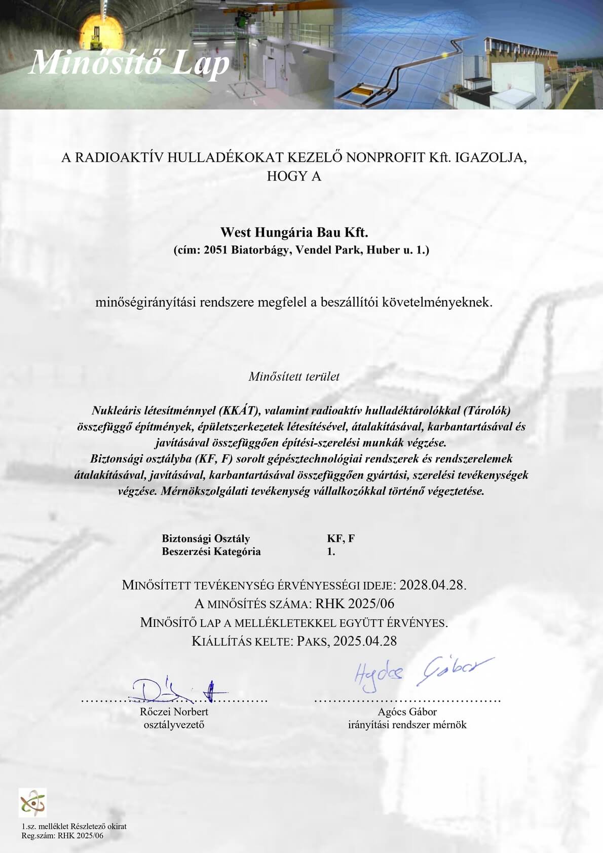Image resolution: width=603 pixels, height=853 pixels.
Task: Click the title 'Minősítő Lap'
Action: [130, 63]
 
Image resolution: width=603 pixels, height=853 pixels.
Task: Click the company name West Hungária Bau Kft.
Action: [294, 233]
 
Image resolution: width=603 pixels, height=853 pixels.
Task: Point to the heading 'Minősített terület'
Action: [294, 377]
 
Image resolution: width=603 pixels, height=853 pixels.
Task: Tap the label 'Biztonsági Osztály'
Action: [206, 538]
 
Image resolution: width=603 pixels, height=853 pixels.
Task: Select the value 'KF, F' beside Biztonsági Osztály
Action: [341, 538]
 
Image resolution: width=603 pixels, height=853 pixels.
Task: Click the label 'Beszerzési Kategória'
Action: [211, 551]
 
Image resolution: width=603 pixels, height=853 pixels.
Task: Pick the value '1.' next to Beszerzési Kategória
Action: [331, 551]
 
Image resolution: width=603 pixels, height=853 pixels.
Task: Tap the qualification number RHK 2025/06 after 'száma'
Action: [355, 604]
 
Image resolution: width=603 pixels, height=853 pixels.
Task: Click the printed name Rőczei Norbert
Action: [174, 712]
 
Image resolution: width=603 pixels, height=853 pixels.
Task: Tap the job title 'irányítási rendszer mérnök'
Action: [407, 725]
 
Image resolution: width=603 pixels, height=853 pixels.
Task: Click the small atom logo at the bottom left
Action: [32, 803]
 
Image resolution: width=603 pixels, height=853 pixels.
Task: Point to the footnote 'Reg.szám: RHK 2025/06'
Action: [62, 836]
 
